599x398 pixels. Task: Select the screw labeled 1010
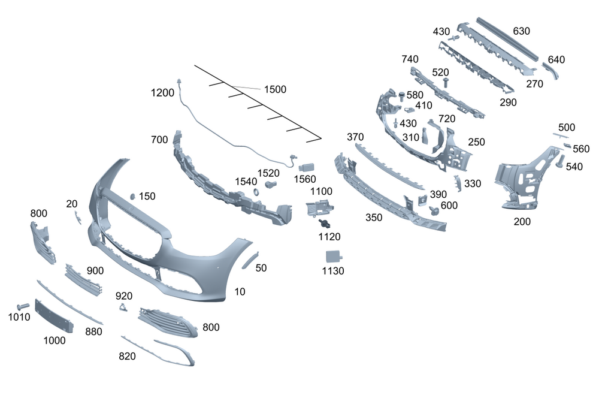(x=23, y=307)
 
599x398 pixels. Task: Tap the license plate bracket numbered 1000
(x=54, y=316)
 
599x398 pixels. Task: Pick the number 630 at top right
(x=521, y=31)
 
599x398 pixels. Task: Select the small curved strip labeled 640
(x=550, y=71)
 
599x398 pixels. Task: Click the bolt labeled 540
(x=561, y=161)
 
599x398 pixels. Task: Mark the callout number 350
(x=374, y=217)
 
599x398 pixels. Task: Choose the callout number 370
(x=355, y=137)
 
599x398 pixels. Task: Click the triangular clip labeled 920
(x=123, y=308)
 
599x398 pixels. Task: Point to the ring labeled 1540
(x=254, y=192)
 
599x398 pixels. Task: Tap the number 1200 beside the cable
(x=162, y=93)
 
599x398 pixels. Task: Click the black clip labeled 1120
(x=325, y=224)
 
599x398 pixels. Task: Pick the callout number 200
(x=522, y=221)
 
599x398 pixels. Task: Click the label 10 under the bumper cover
(x=240, y=291)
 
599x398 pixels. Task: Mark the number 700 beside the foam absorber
(x=159, y=140)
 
